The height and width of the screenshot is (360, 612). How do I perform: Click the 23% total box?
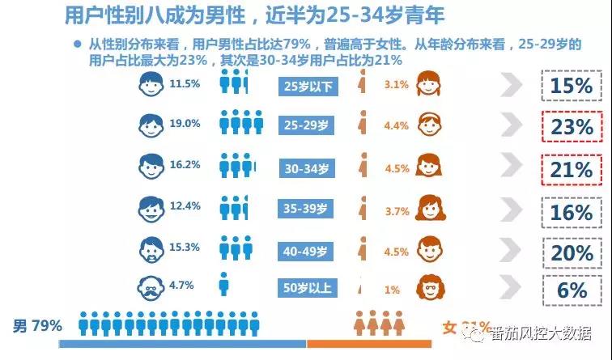click(572, 127)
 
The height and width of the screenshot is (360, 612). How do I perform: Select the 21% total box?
click(572, 169)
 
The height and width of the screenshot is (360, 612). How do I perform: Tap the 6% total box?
click(572, 289)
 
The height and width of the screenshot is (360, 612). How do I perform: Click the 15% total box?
click(572, 86)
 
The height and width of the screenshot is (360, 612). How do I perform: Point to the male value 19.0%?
click(185, 124)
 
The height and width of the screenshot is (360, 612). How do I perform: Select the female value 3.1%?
click(396, 84)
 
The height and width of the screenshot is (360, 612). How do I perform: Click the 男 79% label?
click(37, 326)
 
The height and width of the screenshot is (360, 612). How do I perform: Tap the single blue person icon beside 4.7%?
click(223, 285)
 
